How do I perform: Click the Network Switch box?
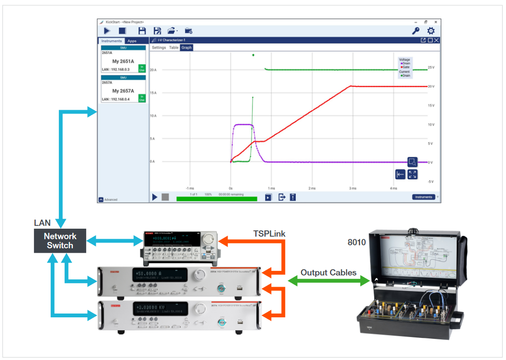[60, 241]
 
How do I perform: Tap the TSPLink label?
[269, 233]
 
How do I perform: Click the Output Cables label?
[328, 272]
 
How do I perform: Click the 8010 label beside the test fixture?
[356, 242]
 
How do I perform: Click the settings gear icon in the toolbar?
[430, 31]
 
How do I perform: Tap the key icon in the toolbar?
[415, 31]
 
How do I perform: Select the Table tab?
[173, 48]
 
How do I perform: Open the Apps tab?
[131, 41]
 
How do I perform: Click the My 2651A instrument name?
[123, 61]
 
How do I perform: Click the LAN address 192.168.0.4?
[113, 99]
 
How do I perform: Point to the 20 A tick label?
[153, 70]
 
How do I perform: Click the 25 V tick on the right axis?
[431, 68]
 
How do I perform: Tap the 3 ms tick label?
[353, 188]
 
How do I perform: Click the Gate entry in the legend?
[405, 67]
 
